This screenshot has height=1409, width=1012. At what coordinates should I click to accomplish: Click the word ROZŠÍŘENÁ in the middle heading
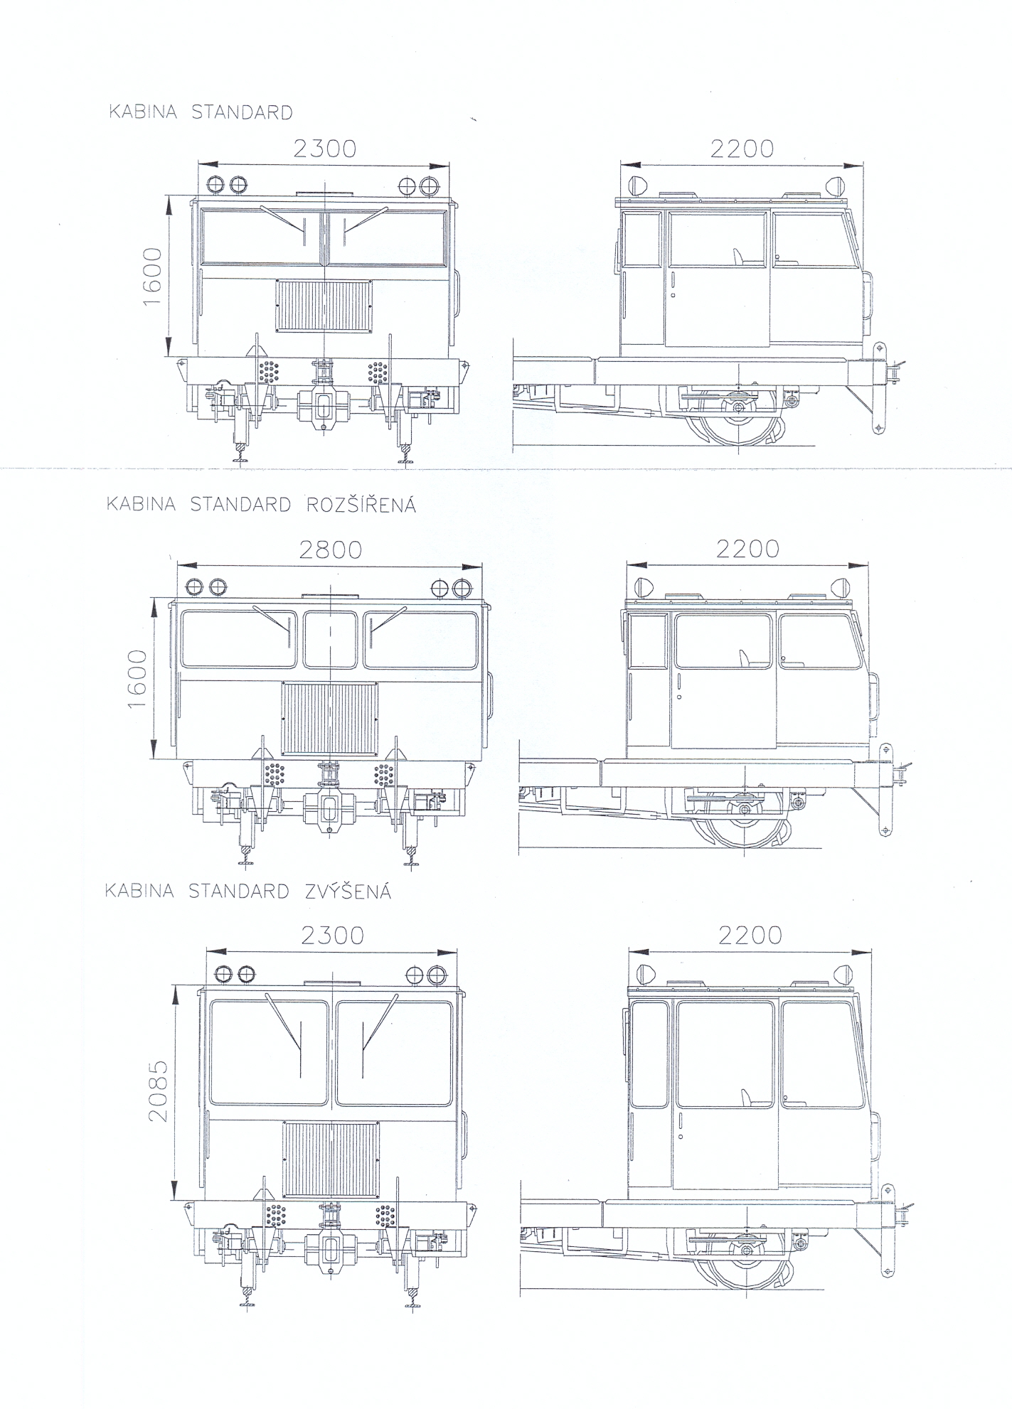(361, 505)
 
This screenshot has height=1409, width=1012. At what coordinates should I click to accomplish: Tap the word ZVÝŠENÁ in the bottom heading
(348, 891)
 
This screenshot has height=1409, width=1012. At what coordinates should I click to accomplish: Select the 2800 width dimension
(330, 550)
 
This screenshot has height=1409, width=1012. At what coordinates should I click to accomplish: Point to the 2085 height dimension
(158, 1091)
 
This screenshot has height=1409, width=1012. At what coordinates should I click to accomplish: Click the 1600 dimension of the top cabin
(152, 277)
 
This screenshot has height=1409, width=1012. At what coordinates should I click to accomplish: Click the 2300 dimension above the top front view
(324, 148)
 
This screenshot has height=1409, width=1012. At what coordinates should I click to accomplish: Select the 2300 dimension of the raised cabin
(332, 936)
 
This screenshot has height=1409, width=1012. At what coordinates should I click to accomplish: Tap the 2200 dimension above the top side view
(742, 148)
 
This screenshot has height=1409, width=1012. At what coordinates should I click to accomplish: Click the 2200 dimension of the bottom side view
(750, 935)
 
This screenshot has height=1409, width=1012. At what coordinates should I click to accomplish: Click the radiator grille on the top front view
(324, 305)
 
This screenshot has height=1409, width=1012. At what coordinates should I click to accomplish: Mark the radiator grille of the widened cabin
(330, 719)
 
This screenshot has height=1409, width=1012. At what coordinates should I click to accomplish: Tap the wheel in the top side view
(740, 419)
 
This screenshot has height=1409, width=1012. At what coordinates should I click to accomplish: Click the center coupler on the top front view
(323, 408)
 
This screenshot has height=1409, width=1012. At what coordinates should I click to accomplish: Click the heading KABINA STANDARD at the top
(200, 112)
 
